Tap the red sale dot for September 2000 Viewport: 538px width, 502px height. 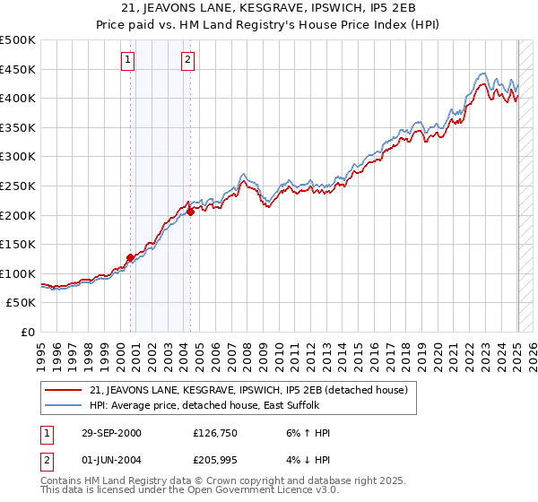click(131, 257)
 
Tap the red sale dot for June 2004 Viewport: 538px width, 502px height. click(190, 212)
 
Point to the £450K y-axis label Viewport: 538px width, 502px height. click(18, 69)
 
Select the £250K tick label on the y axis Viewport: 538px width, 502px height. click(18, 186)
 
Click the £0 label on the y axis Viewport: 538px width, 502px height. click(27, 333)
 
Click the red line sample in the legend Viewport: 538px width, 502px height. click(65, 390)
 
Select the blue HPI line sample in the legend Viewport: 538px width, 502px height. click(65, 406)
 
